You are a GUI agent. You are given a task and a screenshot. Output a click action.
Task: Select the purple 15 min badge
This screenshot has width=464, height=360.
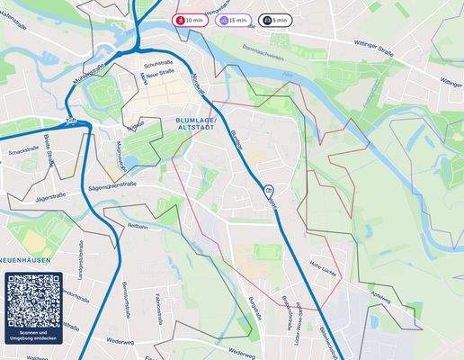[235, 20]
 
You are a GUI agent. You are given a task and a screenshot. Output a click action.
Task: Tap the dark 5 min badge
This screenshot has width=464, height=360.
[276, 20]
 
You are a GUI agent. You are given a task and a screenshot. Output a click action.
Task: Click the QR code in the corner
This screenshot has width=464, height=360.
[31, 300]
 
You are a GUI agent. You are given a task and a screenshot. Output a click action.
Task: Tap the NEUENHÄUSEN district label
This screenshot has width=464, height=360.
[24, 259]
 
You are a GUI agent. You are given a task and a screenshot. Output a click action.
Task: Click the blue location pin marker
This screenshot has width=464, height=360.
[268, 190]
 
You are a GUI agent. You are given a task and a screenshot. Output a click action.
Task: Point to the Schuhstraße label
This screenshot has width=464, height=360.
[157, 63]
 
